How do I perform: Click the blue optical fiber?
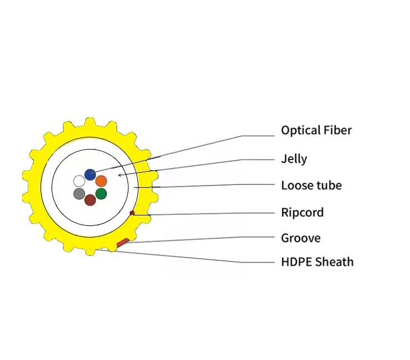pos(90,174)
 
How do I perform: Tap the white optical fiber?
pos(79,181)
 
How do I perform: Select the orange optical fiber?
pos(101,181)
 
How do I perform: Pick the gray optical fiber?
pos(79,194)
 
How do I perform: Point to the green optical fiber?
pos(101,194)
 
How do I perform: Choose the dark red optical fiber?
pos(90,200)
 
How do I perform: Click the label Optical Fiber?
pos(316,131)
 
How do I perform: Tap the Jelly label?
pos(294,160)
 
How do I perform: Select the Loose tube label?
pos(311,186)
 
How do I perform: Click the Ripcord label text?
pos(302,213)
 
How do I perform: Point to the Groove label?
pos(301,238)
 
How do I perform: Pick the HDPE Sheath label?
pos(317,262)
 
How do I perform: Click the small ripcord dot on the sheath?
pos(132,213)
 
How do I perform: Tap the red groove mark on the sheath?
pos(123,243)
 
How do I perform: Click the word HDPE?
pos(296,262)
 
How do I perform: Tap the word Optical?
pos(298,131)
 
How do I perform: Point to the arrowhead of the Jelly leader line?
pos(119,175)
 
